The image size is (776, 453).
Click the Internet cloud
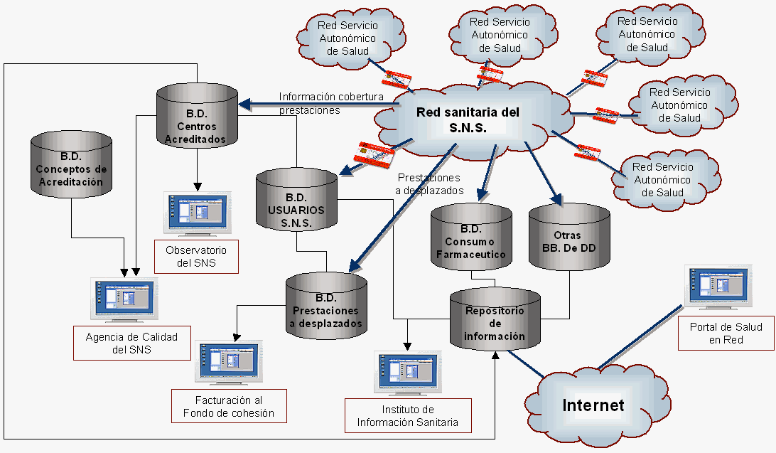click(593, 405)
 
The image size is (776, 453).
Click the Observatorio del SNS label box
click(196, 257)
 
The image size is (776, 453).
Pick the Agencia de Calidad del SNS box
click(131, 343)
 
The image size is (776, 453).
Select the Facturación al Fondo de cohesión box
click(229, 406)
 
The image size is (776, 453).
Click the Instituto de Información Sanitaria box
click(407, 416)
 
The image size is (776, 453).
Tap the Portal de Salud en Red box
click(726, 334)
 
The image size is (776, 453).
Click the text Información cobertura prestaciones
click(331, 103)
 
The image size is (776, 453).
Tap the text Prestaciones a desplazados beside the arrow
click(431, 183)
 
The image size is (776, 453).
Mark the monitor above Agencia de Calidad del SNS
click(125, 299)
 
